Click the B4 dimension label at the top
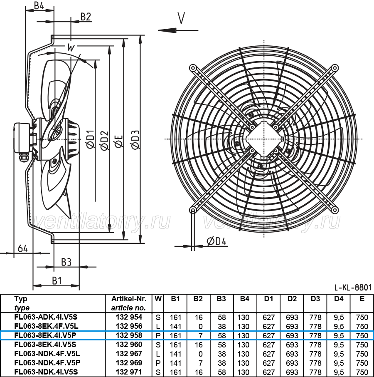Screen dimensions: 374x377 pos(39,5)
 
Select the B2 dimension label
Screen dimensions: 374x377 pos(86,17)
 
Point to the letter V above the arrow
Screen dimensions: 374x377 pos(181,18)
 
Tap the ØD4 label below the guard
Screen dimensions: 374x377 pos(217,241)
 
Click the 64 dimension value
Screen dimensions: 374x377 pos(23,248)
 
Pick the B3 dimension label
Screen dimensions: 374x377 pos(66,262)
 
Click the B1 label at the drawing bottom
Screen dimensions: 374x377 pos(57,280)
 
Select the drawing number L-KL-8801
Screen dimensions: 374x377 pos(353,287)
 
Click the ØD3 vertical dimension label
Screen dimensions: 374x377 pos(135,139)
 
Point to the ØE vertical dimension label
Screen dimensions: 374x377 pos(119,141)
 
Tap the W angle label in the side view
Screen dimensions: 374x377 pos(71,47)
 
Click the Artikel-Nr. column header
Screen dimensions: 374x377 pos(129,299)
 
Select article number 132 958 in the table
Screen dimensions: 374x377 pos(129,335)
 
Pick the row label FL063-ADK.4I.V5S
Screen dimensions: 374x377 pos(46,317)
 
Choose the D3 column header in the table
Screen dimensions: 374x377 pos(315,299)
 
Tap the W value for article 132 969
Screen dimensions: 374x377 pos(158,363)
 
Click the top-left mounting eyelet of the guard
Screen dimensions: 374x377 pos(193,68)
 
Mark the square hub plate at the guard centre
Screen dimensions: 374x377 pos(264,139)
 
